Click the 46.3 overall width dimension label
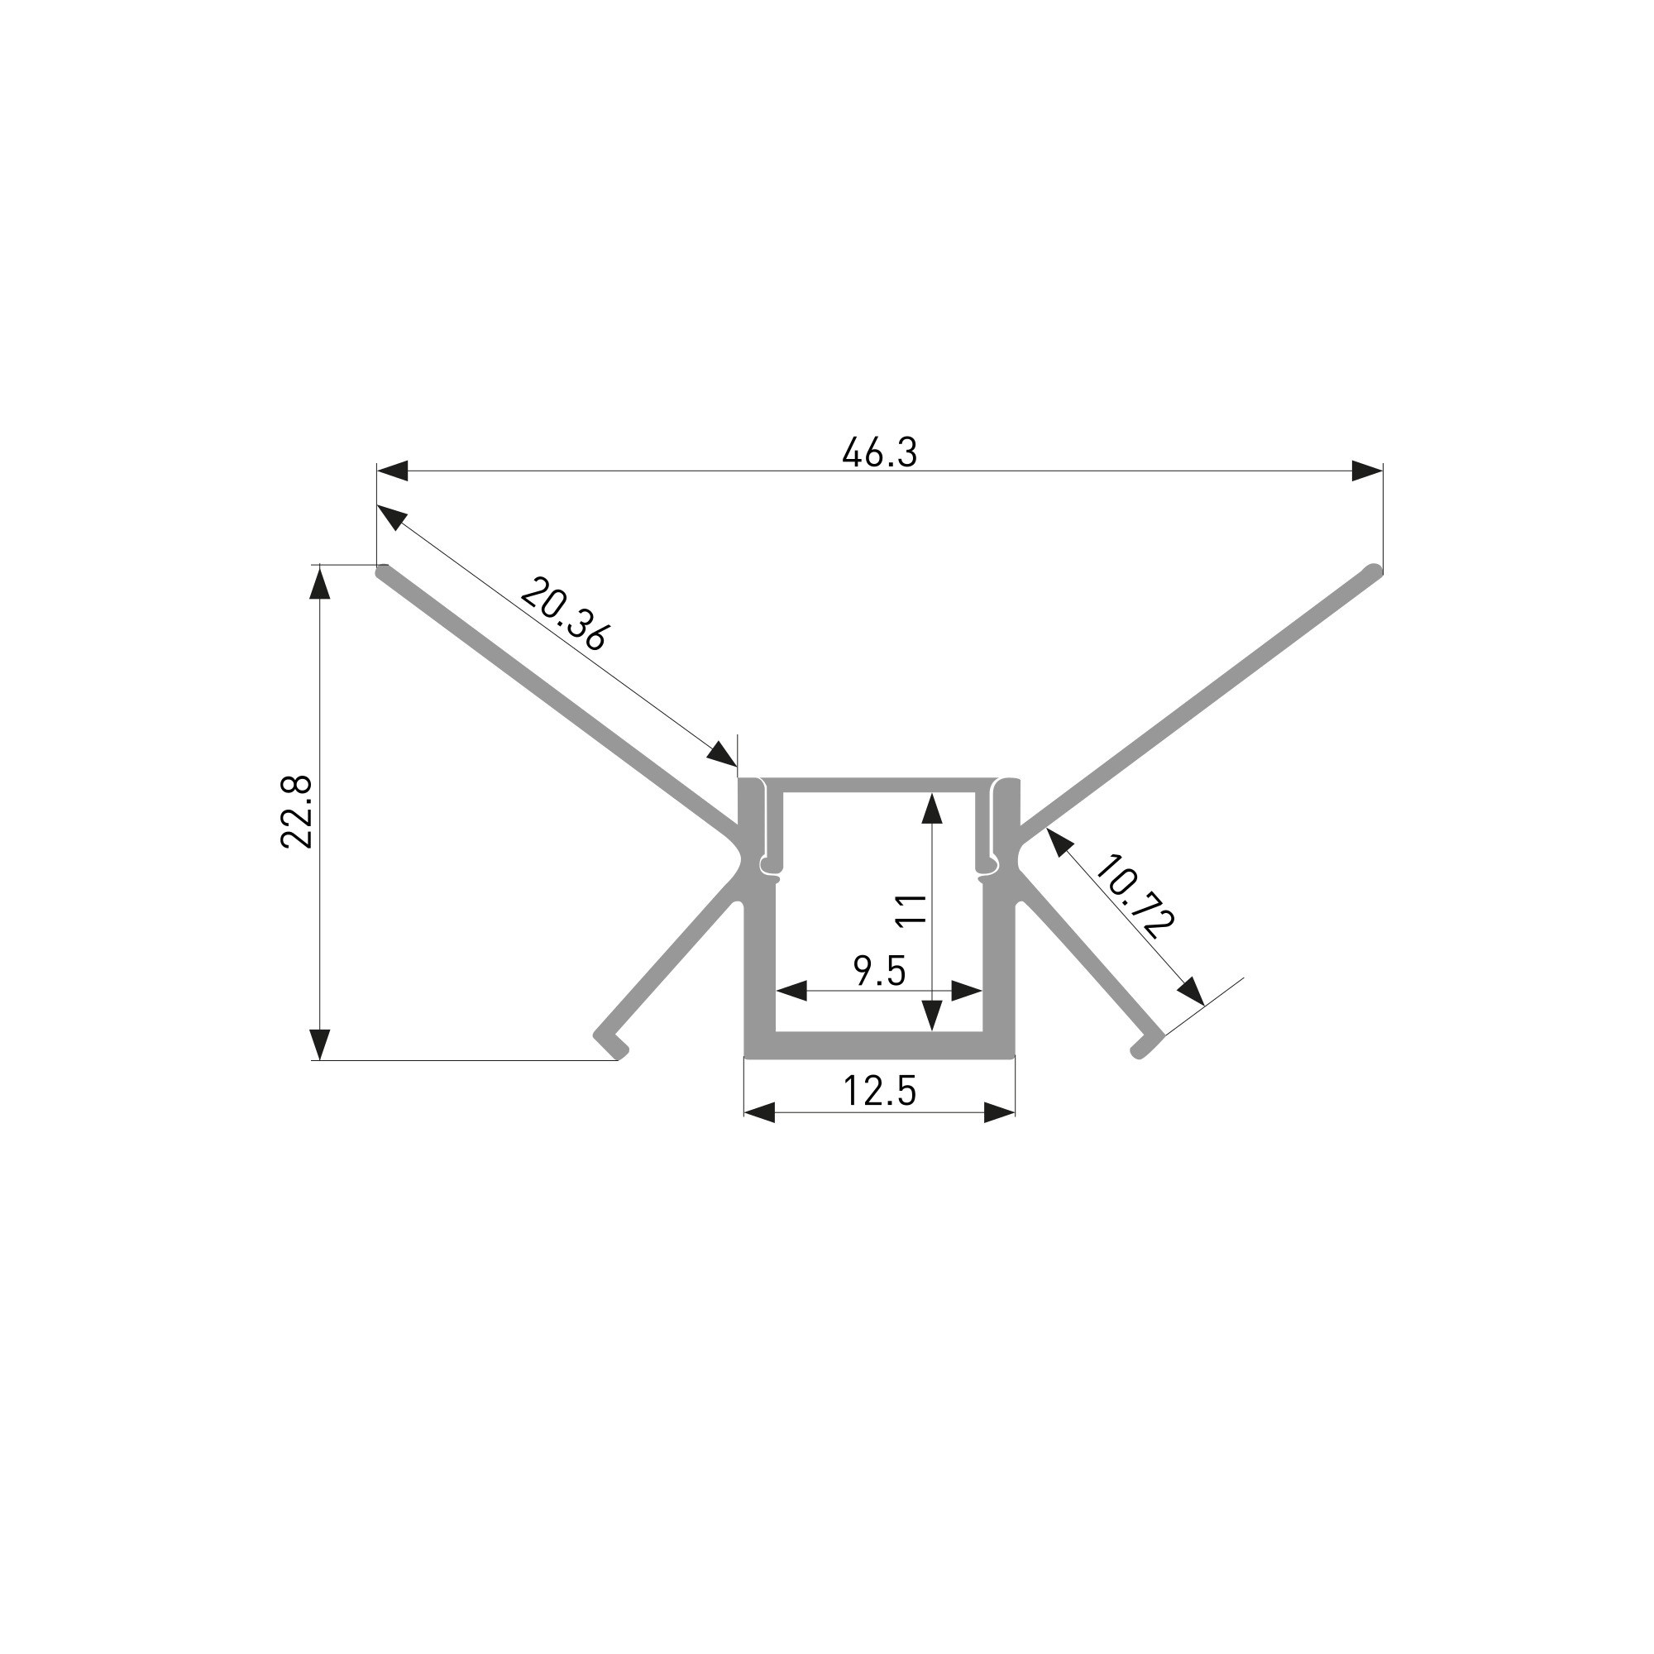879,452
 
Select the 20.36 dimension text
565,614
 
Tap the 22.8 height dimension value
297,811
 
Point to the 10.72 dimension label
1135,896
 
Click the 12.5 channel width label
879,1091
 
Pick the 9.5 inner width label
879,971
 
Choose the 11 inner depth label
910,908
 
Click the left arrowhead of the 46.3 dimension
392,471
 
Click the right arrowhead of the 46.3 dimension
1367,471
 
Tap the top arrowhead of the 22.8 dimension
319,581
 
